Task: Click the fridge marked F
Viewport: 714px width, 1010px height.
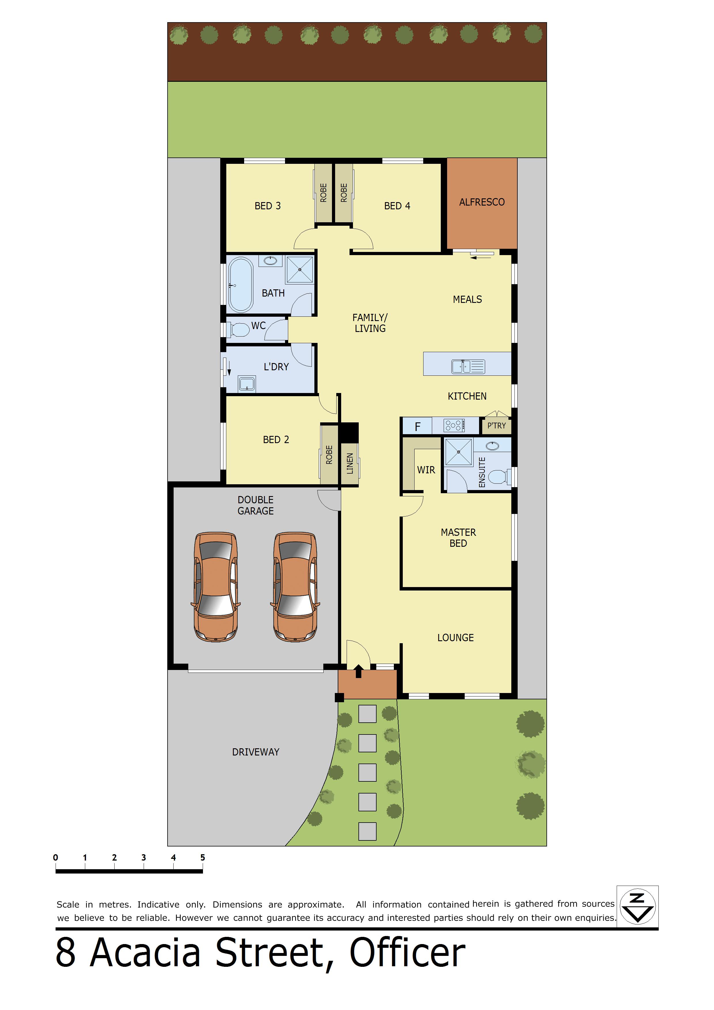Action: pyautogui.click(x=417, y=426)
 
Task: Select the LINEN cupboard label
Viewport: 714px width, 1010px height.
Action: pyautogui.click(x=350, y=463)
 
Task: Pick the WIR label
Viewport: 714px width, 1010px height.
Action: pyautogui.click(x=426, y=470)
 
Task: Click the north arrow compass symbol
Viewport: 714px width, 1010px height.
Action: pyautogui.click(x=637, y=907)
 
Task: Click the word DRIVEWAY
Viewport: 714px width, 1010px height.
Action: pyautogui.click(x=256, y=752)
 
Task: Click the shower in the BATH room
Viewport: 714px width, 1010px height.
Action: pyautogui.click(x=300, y=269)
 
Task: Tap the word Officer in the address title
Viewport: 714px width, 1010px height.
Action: pyautogui.click(x=407, y=952)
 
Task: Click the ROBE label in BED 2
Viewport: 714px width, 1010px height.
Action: pyautogui.click(x=329, y=454)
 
